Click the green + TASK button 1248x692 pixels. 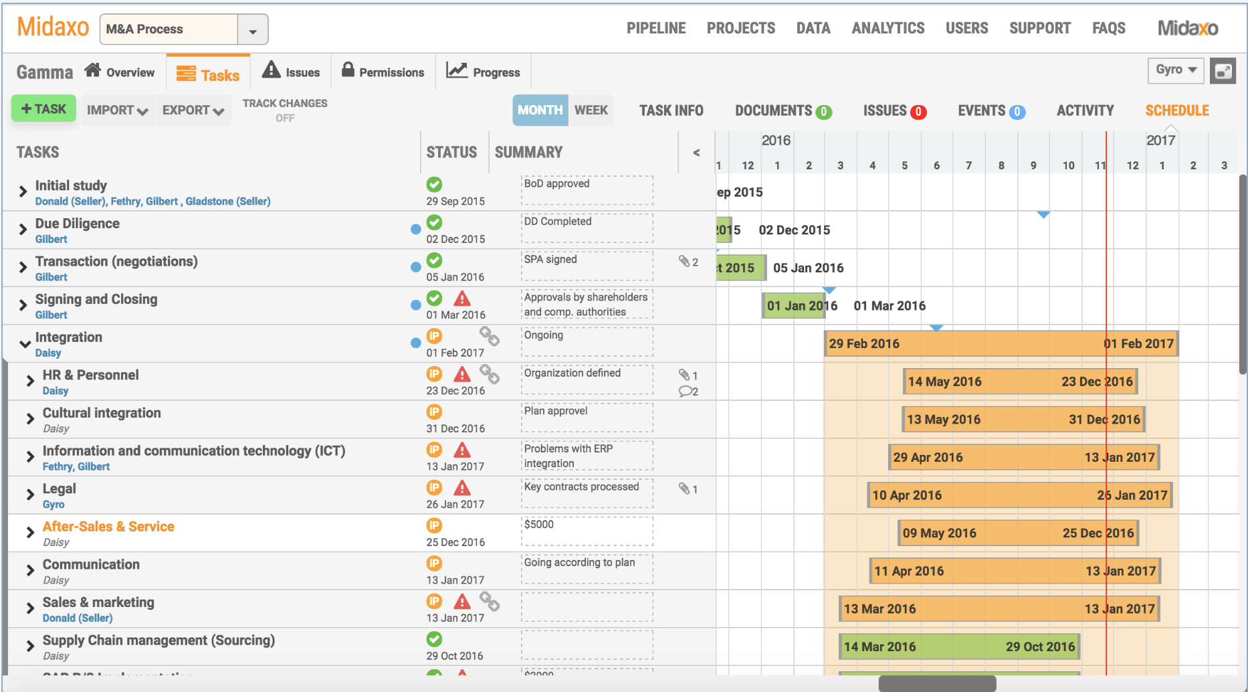click(x=43, y=109)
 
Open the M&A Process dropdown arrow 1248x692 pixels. click(x=253, y=30)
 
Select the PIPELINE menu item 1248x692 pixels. click(x=655, y=28)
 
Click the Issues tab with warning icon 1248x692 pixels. click(x=291, y=72)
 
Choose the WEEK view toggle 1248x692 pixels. click(x=591, y=110)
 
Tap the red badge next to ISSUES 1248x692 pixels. click(x=919, y=112)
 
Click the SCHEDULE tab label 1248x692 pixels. click(x=1176, y=110)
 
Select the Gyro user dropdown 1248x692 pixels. click(x=1175, y=70)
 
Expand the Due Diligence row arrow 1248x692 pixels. click(x=23, y=230)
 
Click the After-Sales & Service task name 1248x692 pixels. click(x=108, y=527)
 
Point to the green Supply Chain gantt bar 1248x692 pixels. click(x=958, y=647)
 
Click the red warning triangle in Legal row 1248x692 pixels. click(x=462, y=488)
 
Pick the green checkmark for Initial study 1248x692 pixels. click(x=434, y=184)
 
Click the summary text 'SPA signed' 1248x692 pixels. click(x=550, y=259)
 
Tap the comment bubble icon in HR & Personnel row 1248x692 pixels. click(x=686, y=392)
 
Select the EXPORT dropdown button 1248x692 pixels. click(x=193, y=110)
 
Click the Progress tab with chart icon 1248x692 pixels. click(x=484, y=72)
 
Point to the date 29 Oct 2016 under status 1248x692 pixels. click(x=455, y=656)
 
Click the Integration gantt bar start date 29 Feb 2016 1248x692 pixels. click(x=864, y=344)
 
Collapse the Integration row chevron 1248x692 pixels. click(x=25, y=344)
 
